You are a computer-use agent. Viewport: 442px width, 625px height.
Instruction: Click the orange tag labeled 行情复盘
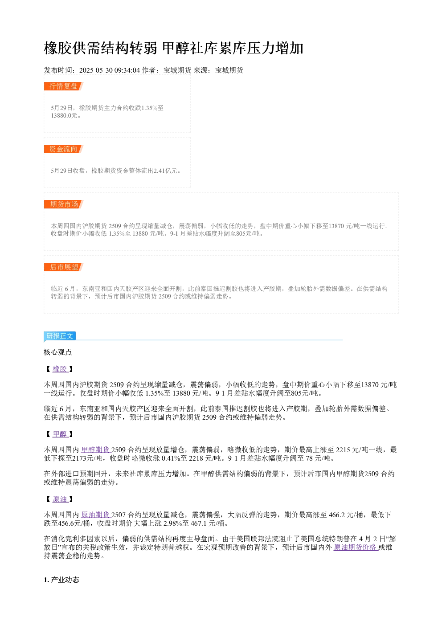64,86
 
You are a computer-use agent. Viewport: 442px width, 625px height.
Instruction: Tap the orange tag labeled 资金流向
64,149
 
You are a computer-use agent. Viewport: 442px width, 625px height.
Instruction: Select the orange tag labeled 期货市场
64,204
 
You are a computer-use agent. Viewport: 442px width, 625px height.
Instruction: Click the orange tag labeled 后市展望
64,267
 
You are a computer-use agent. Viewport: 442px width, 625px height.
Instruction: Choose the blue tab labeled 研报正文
60,335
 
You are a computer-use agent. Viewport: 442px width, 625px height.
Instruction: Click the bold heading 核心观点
58,352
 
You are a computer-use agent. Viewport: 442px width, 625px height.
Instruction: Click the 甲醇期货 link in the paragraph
96,449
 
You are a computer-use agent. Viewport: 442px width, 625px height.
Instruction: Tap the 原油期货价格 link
356,547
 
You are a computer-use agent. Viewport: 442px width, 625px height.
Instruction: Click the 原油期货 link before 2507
96,515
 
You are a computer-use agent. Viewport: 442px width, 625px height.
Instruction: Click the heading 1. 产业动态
61,580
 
